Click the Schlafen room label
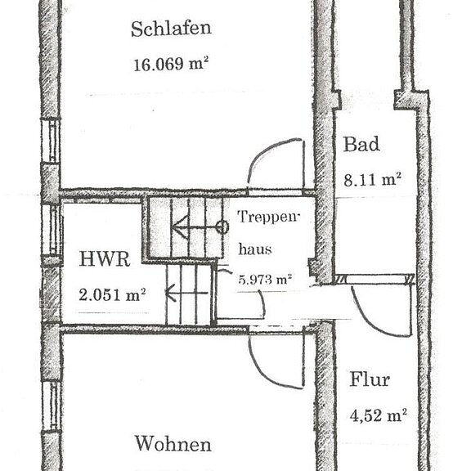171,29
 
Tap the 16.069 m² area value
171,65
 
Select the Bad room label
361,145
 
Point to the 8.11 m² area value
370,178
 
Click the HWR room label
104,260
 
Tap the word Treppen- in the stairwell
269,218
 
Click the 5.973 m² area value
264,280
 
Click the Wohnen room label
173,445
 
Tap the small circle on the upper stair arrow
220,226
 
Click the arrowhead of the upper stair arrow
175,226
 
